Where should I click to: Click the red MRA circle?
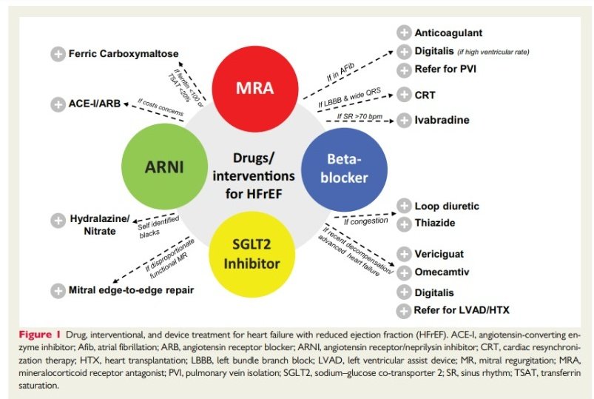pyautogui.click(x=254, y=89)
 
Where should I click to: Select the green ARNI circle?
pyautogui.click(x=164, y=167)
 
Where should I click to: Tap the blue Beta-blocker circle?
pyautogui.click(x=344, y=170)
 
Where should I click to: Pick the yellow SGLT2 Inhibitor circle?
pyautogui.click(x=252, y=254)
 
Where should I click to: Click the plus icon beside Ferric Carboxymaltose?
pyautogui.click(x=58, y=54)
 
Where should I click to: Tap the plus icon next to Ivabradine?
pyautogui.click(x=404, y=120)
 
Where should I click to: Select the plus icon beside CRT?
pyautogui.click(x=404, y=95)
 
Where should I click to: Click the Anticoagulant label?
pyautogui.click(x=448, y=33)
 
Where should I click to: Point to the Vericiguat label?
pyautogui.click(x=439, y=254)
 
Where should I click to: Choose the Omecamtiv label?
pyautogui.click(x=442, y=272)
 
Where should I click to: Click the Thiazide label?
pyautogui.click(x=434, y=223)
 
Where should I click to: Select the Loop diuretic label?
pyautogui.click(x=447, y=206)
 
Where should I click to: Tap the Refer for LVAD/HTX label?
pyautogui.click(x=462, y=310)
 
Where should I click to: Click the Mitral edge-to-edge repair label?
pyautogui.click(x=131, y=290)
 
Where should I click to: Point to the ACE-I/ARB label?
pyautogui.click(x=95, y=104)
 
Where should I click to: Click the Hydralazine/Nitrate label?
pyautogui.click(x=100, y=225)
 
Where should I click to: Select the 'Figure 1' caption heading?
pyautogui.click(x=39, y=335)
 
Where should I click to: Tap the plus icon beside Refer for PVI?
pyautogui.click(x=404, y=70)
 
